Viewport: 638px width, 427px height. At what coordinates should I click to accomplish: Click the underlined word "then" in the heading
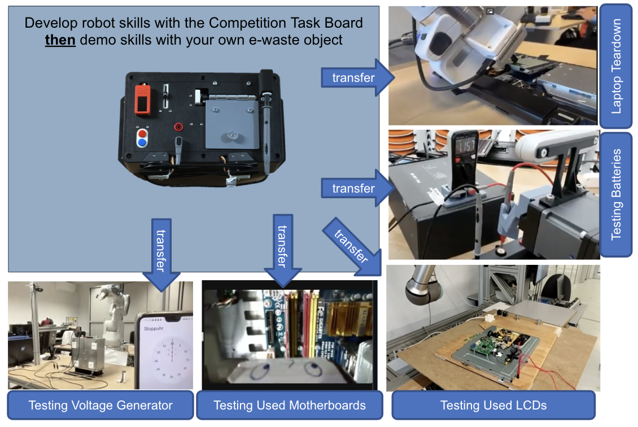pyautogui.click(x=60, y=40)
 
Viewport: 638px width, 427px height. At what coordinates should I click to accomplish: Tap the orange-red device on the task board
pyautogui.click(x=143, y=100)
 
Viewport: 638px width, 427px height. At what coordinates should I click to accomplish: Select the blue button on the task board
pyautogui.click(x=142, y=142)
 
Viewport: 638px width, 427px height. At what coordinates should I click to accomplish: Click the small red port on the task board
pyautogui.click(x=178, y=127)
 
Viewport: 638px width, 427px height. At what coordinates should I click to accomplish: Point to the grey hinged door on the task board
pyautogui.click(x=232, y=124)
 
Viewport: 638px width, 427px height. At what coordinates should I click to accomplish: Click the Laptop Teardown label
pyautogui.click(x=616, y=66)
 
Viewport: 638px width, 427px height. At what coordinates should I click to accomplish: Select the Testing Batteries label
pyautogui.click(x=616, y=194)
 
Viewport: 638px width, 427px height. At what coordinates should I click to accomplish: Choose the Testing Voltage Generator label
pyautogui.click(x=100, y=405)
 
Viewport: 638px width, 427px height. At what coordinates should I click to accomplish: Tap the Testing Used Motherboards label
pyautogui.click(x=290, y=405)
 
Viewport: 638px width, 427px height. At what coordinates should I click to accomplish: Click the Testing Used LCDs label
pyautogui.click(x=493, y=405)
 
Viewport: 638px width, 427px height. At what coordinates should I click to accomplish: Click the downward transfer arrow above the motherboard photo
pyautogui.click(x=283, y=250)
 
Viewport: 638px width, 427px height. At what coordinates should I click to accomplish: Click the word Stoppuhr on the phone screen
pyautogui.click(x=154, y=329)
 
